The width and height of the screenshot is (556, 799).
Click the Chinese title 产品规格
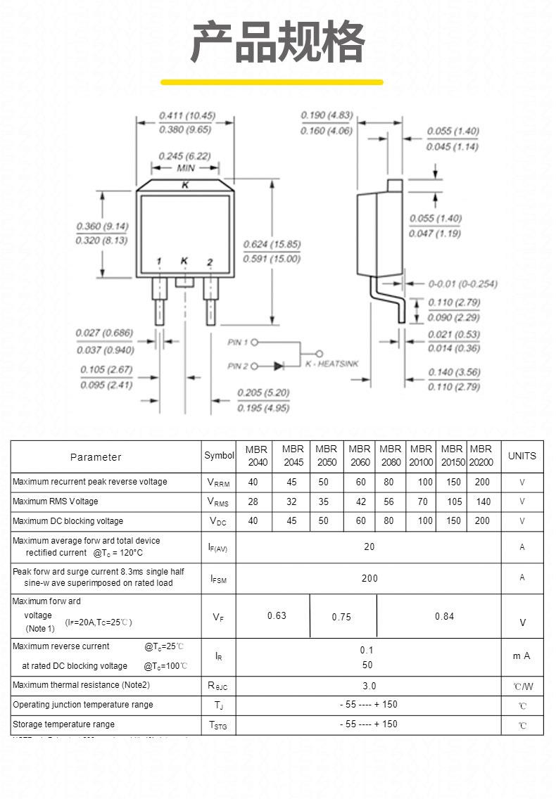tap(278, 44)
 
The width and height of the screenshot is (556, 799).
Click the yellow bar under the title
tap(272, 82)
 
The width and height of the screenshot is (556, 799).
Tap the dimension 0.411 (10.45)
tap(187, 115)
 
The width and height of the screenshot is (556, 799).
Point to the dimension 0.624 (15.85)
tap(272, 244)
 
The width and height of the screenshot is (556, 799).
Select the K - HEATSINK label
tap(331, 364)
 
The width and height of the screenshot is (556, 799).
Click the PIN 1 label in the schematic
tap(238, 343)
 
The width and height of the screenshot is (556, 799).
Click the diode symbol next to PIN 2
tap(278, 366)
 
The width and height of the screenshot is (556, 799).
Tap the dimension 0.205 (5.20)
tap(263, 392)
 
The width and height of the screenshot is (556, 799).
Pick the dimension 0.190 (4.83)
tap(327, 115)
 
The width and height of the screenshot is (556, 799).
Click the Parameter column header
tap(96, 457)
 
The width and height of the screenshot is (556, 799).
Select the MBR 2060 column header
tap(360, 456)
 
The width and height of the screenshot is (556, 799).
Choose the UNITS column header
tap(522, 456)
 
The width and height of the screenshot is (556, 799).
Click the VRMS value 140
tap(483, 501)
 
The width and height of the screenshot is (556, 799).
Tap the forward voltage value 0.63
tap(277, 616)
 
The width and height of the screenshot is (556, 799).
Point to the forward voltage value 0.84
tap(444, 617)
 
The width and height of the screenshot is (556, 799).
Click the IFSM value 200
tap(369, 578)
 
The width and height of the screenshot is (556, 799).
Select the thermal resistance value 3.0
tap(369, 686)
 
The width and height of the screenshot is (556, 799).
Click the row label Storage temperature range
tap(63, 724)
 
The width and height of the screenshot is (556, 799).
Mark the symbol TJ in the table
tap(219, 705)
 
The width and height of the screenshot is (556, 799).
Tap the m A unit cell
tap(522, 656)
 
